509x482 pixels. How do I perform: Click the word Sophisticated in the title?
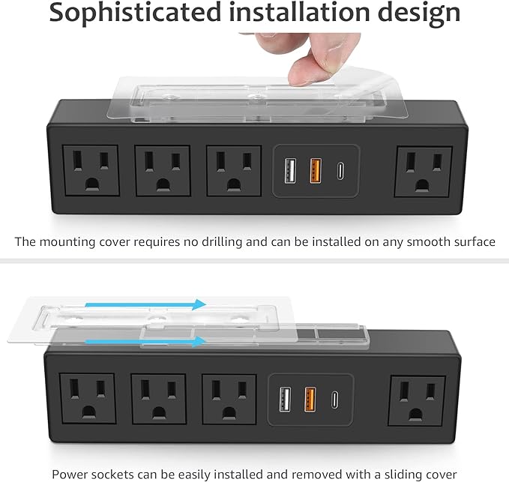point(136,13)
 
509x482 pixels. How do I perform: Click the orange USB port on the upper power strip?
point(316,171)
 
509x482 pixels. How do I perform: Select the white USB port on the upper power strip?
point(290,171)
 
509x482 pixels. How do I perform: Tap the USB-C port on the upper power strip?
point(340,172)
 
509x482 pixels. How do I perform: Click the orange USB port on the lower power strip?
point(310,400)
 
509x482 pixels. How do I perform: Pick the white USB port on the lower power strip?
point(286,399)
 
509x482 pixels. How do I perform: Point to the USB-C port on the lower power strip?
point(334,400)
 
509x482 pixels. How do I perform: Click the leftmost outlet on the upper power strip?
point(91,171)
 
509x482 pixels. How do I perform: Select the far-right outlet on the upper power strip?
point(424,172)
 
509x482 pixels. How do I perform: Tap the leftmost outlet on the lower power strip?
point(88,399)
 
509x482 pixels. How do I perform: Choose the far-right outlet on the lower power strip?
point(417,401)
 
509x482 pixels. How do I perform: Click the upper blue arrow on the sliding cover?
point(145,304)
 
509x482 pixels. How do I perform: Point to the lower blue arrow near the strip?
point(145,341)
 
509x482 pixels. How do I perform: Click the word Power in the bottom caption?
point(70,475)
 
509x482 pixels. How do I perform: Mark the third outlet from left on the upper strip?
point(234,171)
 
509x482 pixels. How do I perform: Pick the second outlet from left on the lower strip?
point(158,399)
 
